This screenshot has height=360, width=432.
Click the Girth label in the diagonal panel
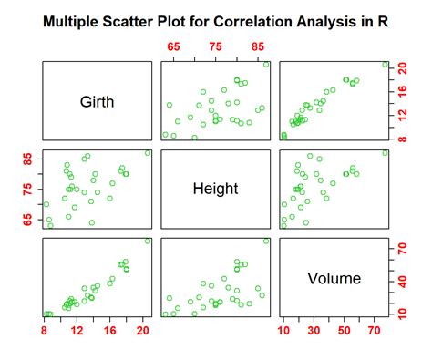point(99,102)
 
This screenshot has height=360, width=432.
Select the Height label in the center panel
point(215,190)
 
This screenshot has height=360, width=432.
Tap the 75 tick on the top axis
point(215,46)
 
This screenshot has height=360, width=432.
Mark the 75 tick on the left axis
point(28,188)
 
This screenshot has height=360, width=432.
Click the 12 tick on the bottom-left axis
point(79,332)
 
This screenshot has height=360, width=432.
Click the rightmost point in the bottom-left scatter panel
point(149,241)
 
